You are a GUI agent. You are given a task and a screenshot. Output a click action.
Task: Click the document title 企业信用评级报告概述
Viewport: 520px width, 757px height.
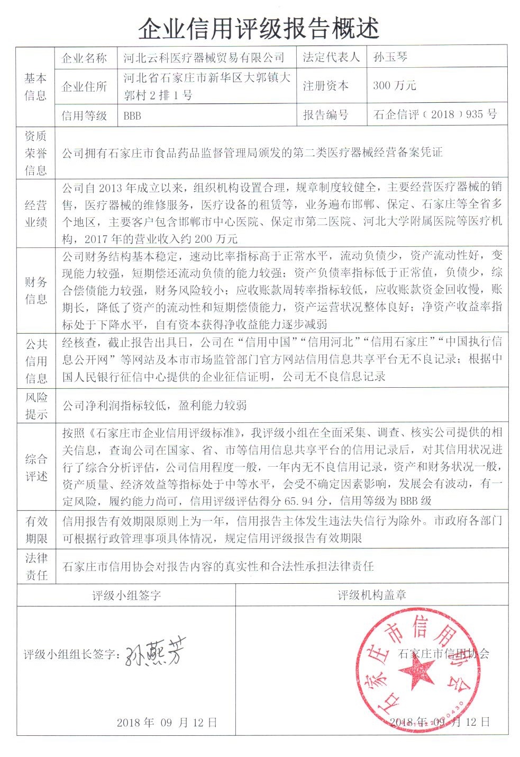pyautogui.click(x=259, y=28)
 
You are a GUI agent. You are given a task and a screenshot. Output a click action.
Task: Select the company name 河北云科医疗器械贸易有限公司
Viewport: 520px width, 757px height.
pyautogui.click(x=204, y=58)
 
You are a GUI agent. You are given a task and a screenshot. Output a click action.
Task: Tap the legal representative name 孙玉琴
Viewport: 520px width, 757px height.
pyautogui.click(x=390, y=57)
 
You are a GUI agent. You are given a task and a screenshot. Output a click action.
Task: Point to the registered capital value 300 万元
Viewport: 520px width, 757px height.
pyautogui.click(x=394, y=85)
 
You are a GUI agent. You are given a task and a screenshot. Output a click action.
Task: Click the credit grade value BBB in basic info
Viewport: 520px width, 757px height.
pyautogui.click(x=132, y=115)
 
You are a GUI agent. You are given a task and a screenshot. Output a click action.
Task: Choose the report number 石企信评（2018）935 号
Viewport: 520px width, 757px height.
pyautogui.click(x=435, y=114)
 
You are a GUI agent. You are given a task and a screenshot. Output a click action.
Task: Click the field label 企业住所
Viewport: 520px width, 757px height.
pyautogui.click(x=84, y=86)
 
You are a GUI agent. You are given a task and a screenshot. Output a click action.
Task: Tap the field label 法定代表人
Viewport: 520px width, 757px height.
pyautogui.click(x=331, y=57)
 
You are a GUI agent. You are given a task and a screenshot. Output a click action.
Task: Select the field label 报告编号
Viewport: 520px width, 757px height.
pyautogui.click(x=325, y=114)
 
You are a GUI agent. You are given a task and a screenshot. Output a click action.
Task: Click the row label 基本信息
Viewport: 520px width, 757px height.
pyautogui.click(x=35, y=86)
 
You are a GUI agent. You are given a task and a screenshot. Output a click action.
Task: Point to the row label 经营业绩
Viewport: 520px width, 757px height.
pyautogui.click(x=35, y=213)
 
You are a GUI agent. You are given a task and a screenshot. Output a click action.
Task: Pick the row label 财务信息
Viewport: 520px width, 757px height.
pyautogui.click(x=35, y=290)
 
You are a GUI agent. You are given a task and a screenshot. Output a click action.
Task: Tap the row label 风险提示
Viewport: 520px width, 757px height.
pyautogui.click(x=35, y=406)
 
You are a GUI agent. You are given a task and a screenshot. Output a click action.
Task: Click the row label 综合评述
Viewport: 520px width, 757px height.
pyautogui.click(x=35, y=468)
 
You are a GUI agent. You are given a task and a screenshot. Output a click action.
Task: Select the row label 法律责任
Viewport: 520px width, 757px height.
pyautogui.click(x=35, y=566)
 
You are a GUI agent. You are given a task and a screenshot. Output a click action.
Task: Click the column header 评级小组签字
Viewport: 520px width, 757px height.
pyautogui.click(x=126, y=595)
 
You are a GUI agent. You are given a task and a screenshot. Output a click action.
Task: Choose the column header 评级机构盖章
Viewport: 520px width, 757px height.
pyautogui.click(x=371, y=595)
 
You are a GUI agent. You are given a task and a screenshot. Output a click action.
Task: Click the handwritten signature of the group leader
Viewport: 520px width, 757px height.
pyautogui.click(x=156, y=654)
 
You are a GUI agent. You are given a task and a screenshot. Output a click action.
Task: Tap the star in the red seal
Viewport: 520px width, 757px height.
pyautogui.click(x=416, y=673)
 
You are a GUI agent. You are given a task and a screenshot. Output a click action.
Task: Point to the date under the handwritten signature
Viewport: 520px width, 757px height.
pyautogui.click(x=167, y=723)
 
